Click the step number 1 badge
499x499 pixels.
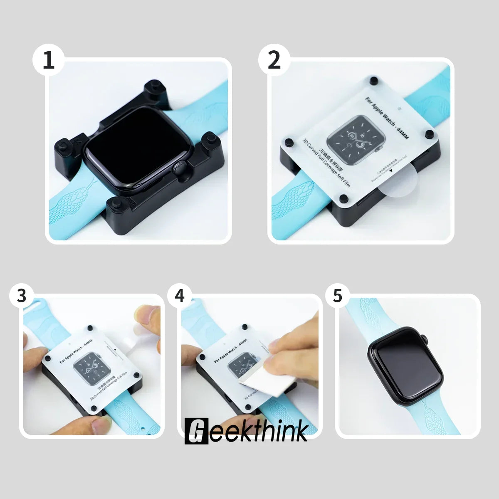coord(49,60)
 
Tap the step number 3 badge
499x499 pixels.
coord(22,296)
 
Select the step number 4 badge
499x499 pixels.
coord(179,296)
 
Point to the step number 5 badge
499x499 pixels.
coord(337,296)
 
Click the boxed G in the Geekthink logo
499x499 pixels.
coord(195,431)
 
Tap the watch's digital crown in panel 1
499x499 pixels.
coord(179,170)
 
